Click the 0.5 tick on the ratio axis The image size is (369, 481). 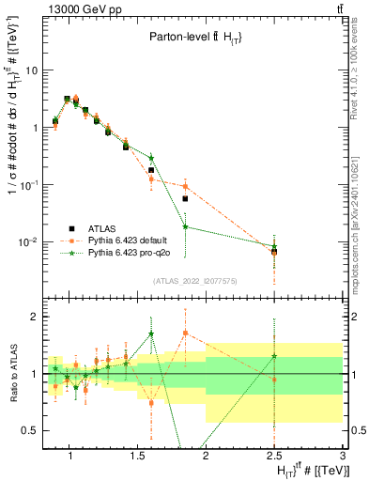tap(29, 430)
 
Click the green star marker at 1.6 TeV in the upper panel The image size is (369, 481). tap(151, 158)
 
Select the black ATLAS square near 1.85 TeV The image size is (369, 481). tap(186, 199)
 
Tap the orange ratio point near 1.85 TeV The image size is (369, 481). tap(186, 334)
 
